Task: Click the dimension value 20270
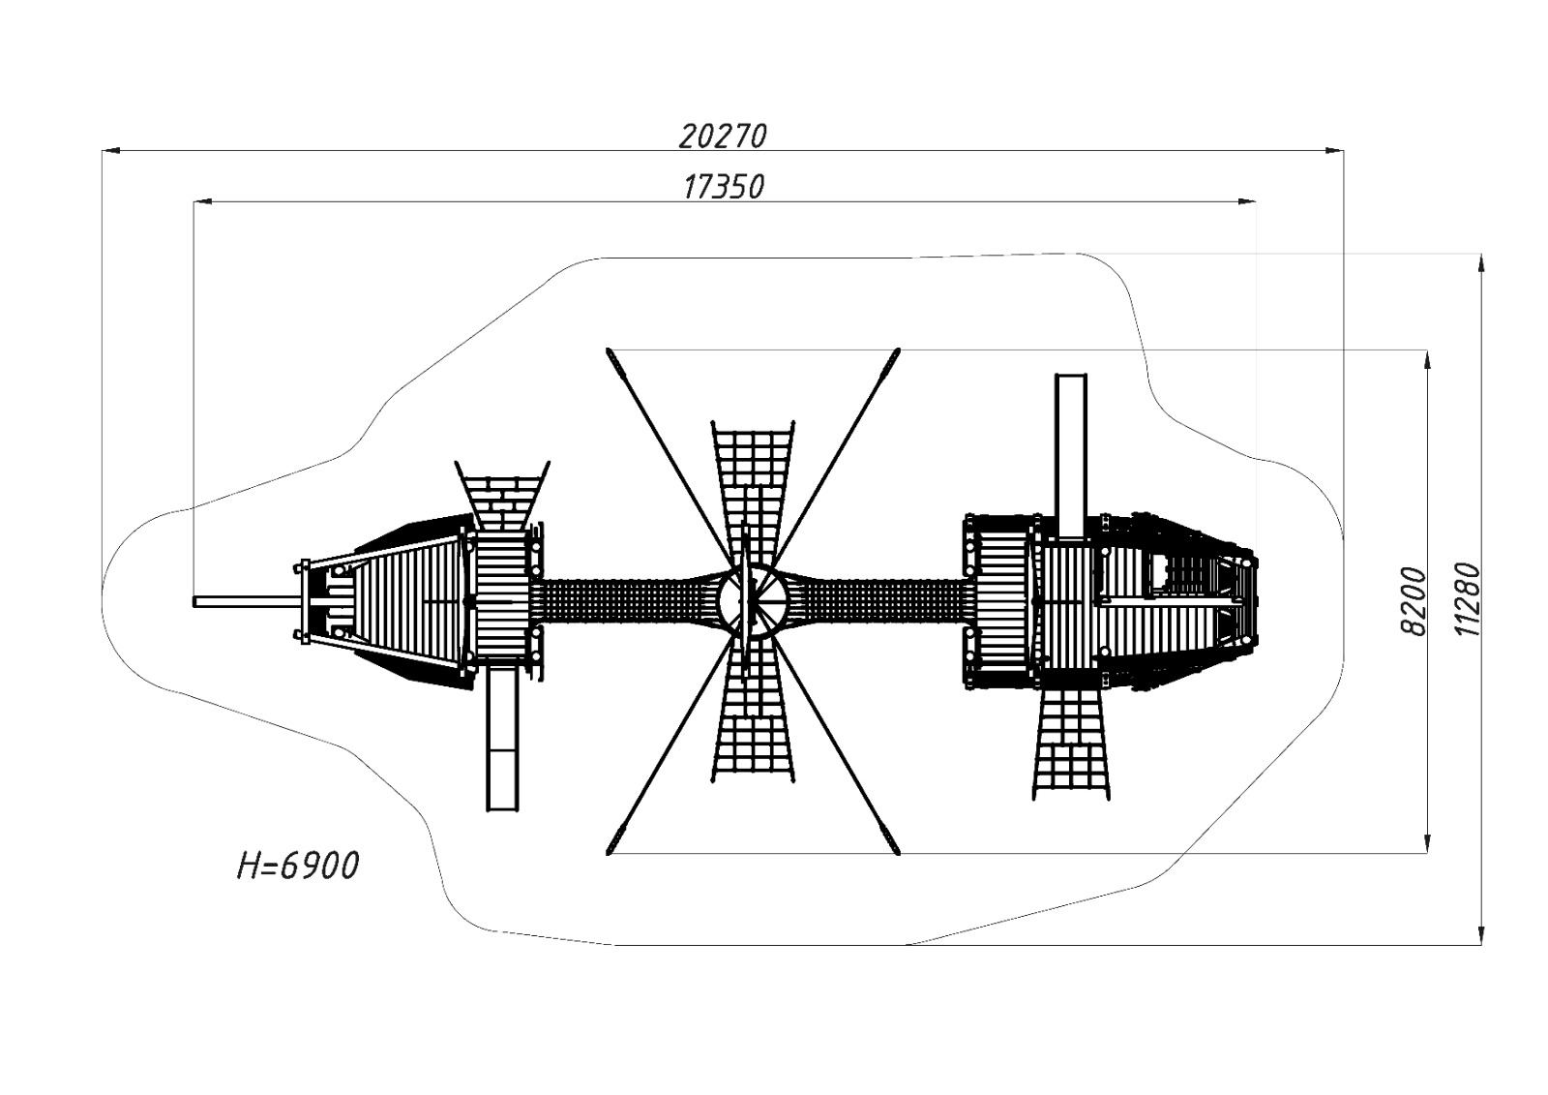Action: click(722, 136)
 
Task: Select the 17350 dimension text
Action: click(723, 186)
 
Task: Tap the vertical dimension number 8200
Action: click(1414, 601)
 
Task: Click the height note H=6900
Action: click(298, 865)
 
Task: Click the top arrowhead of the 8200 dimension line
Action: click(1427, 359)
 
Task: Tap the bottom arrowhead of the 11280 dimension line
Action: click(1480, 933)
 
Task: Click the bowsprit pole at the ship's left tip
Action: click(245, 602)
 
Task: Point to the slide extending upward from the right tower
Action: click(1071, 454)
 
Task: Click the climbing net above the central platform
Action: click(753, 494)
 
